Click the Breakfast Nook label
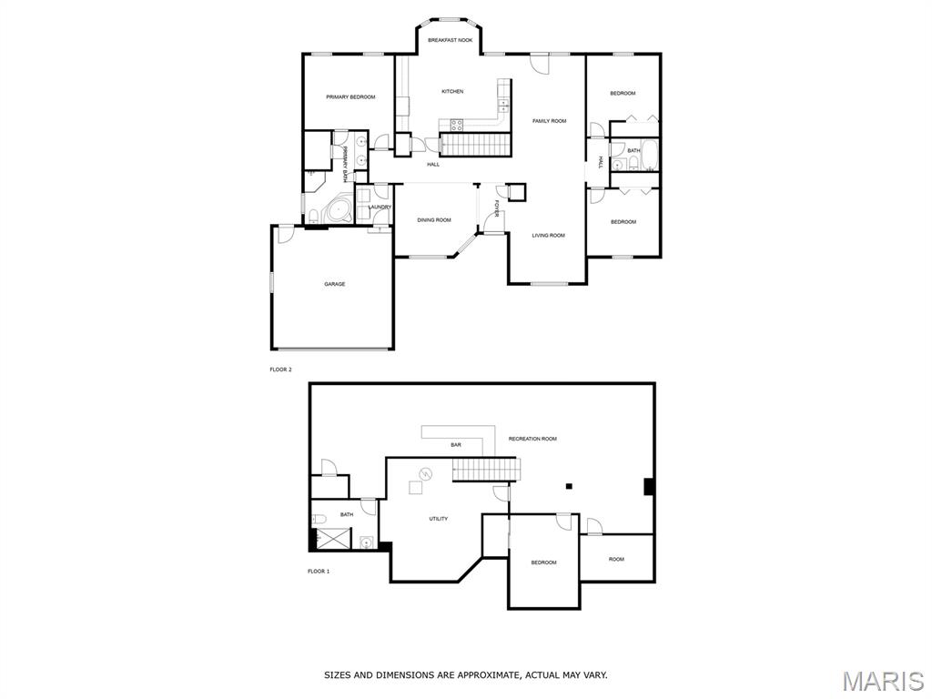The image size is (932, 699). point(450,40)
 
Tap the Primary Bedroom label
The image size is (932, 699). point(350,96)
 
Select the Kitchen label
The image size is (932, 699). point(452,92)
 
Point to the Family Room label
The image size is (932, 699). point(549,121)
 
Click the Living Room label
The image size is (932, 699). point(548,236)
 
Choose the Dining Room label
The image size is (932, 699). point(434,220)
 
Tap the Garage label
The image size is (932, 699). point(335,284)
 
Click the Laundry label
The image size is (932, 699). point(380,207)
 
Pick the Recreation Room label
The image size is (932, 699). point(532,439)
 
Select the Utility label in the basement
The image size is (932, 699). point(439,519)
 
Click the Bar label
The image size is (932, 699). point(456,444)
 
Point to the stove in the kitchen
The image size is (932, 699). point(457,125)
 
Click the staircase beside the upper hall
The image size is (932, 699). point(475,145)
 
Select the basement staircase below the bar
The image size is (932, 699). point(485,469)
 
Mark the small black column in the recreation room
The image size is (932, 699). point(569,486)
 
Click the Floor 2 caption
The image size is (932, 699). point(281,370)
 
